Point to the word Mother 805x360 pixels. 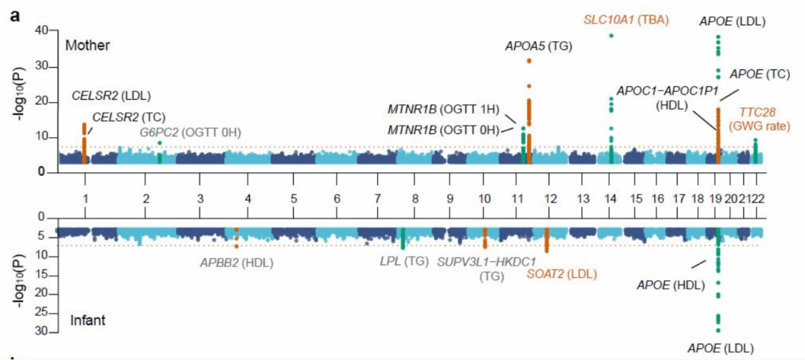tap(87, 45)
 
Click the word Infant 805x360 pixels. tap(86, 320)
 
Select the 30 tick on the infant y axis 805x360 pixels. tap(42, 331)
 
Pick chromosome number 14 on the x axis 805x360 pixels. tap(610, 200)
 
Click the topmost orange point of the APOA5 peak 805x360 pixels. tap(529, 60)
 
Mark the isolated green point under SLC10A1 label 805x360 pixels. tap(610, 36)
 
